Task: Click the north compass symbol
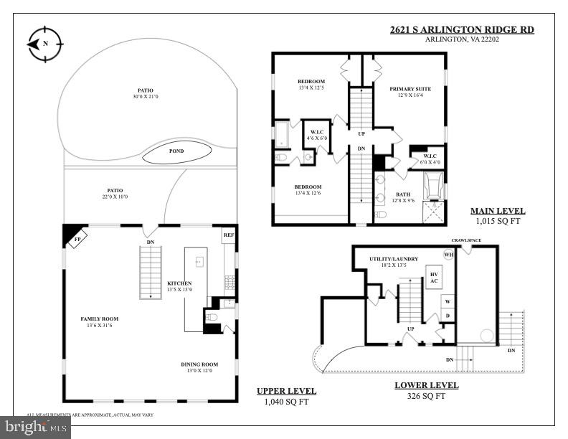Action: coord(44,43)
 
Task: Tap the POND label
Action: coord(176,151)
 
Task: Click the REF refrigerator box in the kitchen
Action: coord(228,235)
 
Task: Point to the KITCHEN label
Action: coord(180,283)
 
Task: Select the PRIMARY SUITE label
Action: coord(408,90)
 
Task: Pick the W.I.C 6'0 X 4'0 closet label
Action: coord(430,158)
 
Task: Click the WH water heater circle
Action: coord(449,255)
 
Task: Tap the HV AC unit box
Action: coord(433,278)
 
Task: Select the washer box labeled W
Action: coord(448,301)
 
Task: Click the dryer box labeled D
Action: coord(448,315)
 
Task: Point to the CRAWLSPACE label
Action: coord(465,240)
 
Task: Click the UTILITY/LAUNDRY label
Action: coord(394,259)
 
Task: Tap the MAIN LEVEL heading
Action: coord(497,211)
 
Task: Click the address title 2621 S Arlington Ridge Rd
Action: coord(461,29)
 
